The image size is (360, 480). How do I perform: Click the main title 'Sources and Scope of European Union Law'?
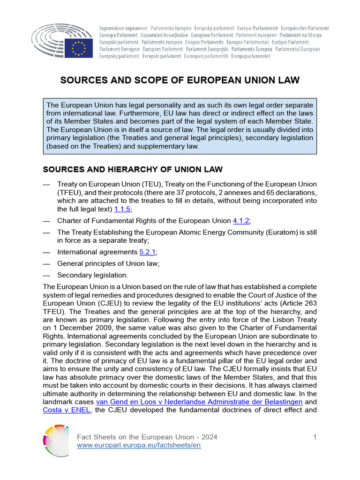[180, 81]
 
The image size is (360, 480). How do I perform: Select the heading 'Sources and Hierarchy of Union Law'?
[133, 169]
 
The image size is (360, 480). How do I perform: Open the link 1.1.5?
[122, 209]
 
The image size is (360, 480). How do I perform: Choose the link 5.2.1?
[147, 252]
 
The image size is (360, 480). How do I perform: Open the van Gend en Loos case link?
[199, 402]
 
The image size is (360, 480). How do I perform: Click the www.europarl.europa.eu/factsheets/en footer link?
[139, 445]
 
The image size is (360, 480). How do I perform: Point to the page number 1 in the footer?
[315, 437]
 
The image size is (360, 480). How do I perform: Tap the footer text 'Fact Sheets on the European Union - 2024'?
[147, 437]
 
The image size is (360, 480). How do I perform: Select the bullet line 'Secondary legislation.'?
[92, 275]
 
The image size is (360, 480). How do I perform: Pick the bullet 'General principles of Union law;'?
[108, 263]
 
